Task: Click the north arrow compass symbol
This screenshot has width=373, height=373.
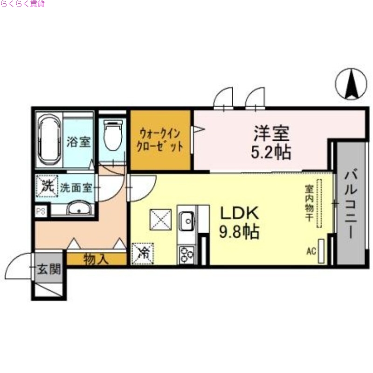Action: point(351,84)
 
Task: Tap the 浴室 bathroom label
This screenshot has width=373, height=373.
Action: point(78,142)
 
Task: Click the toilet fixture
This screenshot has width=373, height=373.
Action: point(112,135)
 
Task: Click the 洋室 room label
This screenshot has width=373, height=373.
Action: point(272,133)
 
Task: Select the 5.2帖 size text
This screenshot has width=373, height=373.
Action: point(272,152)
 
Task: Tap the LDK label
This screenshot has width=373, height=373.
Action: point(239,213)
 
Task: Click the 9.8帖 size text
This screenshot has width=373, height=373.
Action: point(239,232)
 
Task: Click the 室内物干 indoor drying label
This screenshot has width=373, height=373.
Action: point(309,204)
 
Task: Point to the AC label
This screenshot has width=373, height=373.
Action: point(311,252)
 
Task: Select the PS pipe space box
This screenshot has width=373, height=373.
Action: point(41,211)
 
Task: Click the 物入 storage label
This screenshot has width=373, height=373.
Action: point(96,259)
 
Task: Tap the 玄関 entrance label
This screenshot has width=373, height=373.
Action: point(48,269)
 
